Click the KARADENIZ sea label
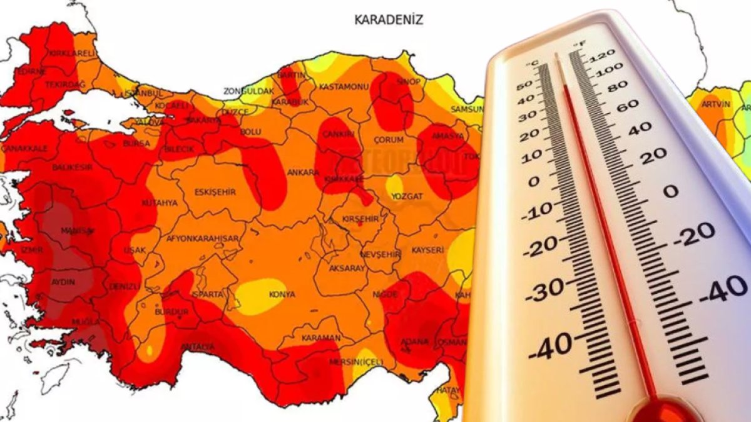[389, 20]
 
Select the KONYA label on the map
[282, 294]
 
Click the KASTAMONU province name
[342, 86]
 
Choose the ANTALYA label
[198, 347]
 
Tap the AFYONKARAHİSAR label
[202, 239]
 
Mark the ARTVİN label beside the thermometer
[716, 104]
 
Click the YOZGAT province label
[407, 196]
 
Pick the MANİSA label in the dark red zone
[78, 231]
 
